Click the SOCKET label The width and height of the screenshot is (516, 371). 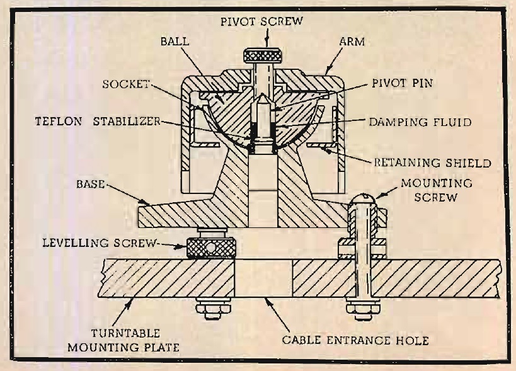coord(125,84)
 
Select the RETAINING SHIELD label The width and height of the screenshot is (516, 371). coord(433,163)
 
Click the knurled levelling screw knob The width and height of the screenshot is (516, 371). coord(212,247)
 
